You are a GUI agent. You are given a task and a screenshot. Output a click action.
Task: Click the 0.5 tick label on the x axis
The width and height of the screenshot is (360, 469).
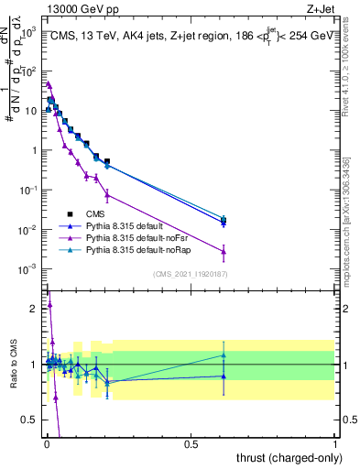click(191, 444)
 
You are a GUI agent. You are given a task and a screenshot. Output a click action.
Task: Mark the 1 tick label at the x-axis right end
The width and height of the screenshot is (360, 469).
click(334, 444)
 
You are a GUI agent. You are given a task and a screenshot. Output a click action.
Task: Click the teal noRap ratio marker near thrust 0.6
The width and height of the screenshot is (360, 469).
click(224, 354)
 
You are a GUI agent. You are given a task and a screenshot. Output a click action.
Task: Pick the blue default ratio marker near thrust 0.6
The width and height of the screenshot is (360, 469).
click(224, 376)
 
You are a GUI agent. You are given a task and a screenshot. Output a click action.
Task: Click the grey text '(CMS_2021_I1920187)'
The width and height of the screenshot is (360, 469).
click(191, 274)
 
